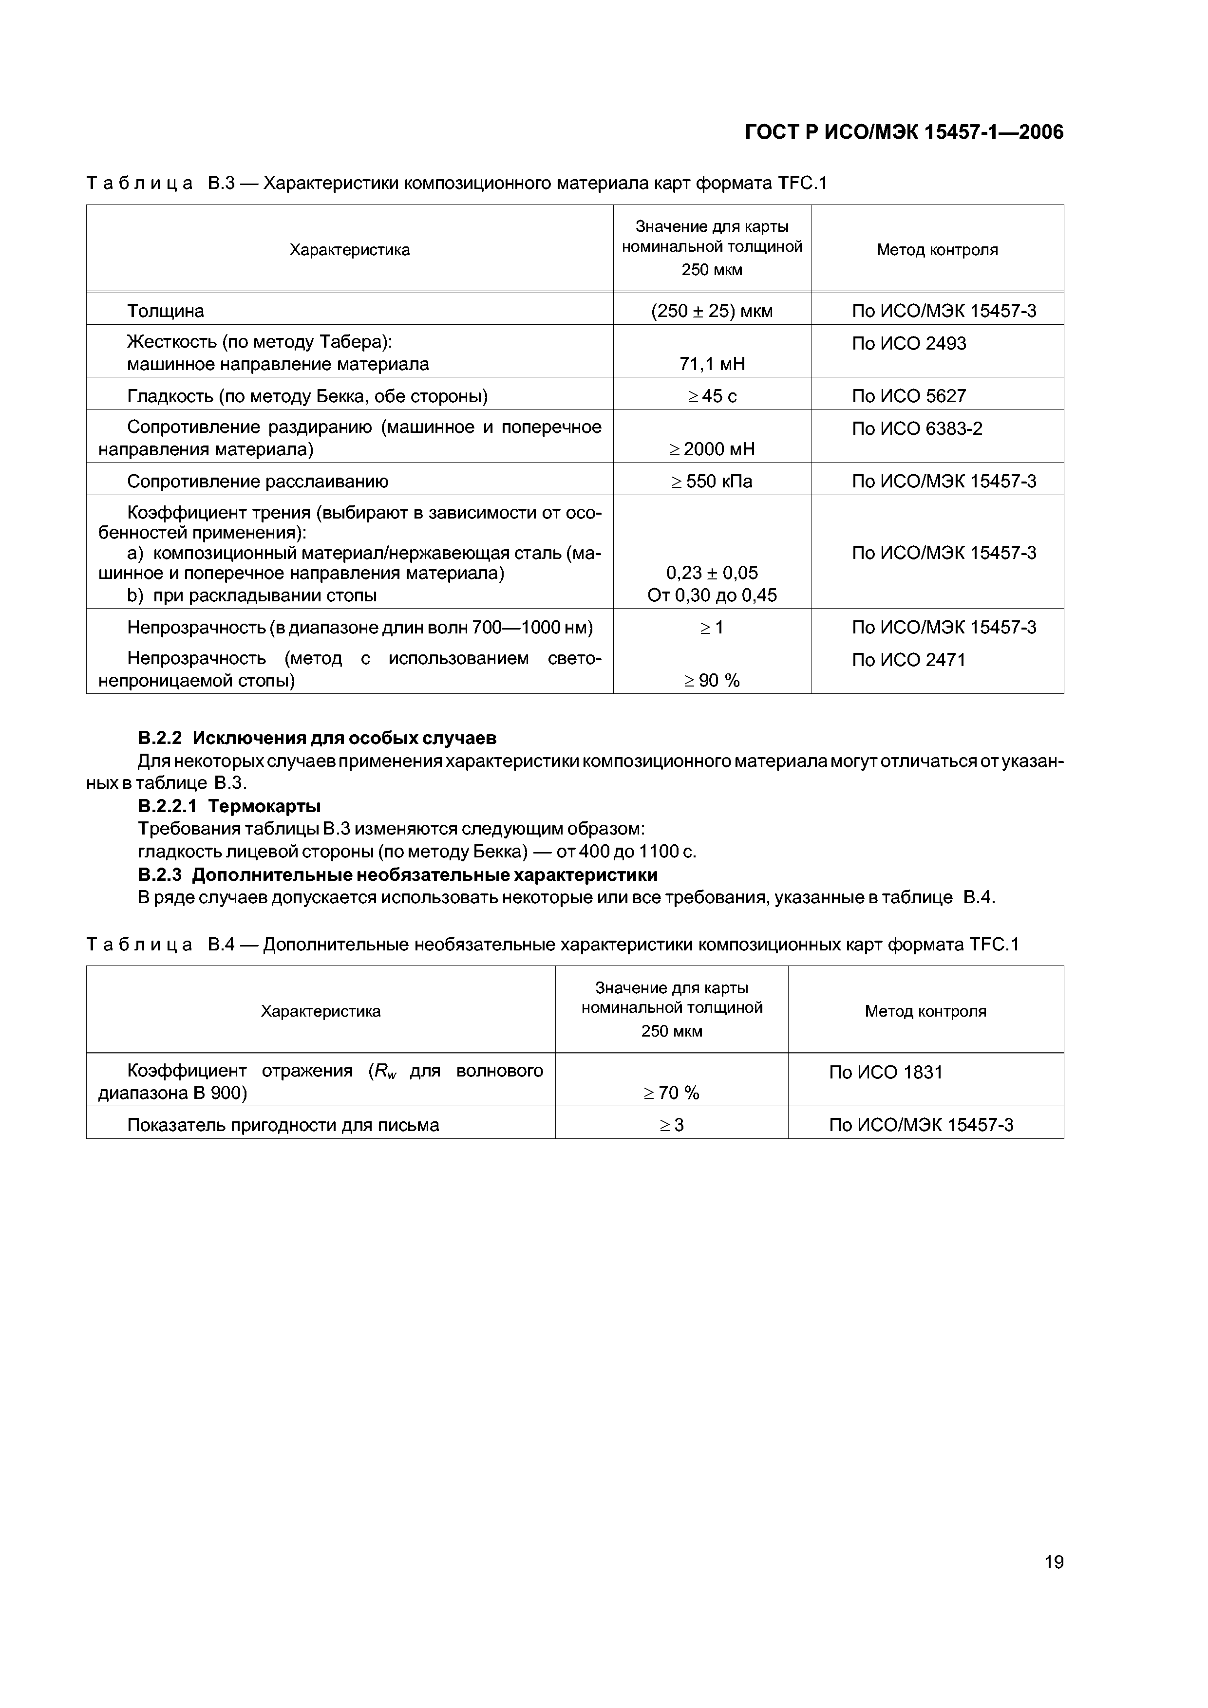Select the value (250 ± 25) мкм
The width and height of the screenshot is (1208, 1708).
[x=712, y=311]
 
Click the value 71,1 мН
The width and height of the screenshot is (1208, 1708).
[x=712, y=364]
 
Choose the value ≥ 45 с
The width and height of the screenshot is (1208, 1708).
[x=712, y=396]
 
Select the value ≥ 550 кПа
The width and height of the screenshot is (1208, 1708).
[x=712, y=482]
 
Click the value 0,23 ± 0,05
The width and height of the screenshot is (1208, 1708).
[x=712, y=573]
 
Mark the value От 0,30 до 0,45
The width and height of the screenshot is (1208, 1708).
[x=712, y=595]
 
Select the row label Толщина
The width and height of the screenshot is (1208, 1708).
[x=165, y=311]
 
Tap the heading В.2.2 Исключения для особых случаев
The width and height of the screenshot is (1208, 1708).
[x=317, y=738]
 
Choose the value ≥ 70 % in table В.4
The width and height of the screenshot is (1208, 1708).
[x=671, y=1093]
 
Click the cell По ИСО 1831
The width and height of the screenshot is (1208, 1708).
[x=885, y=1072]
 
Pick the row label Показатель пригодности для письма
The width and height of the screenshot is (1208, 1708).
[x=283, y=1125]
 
